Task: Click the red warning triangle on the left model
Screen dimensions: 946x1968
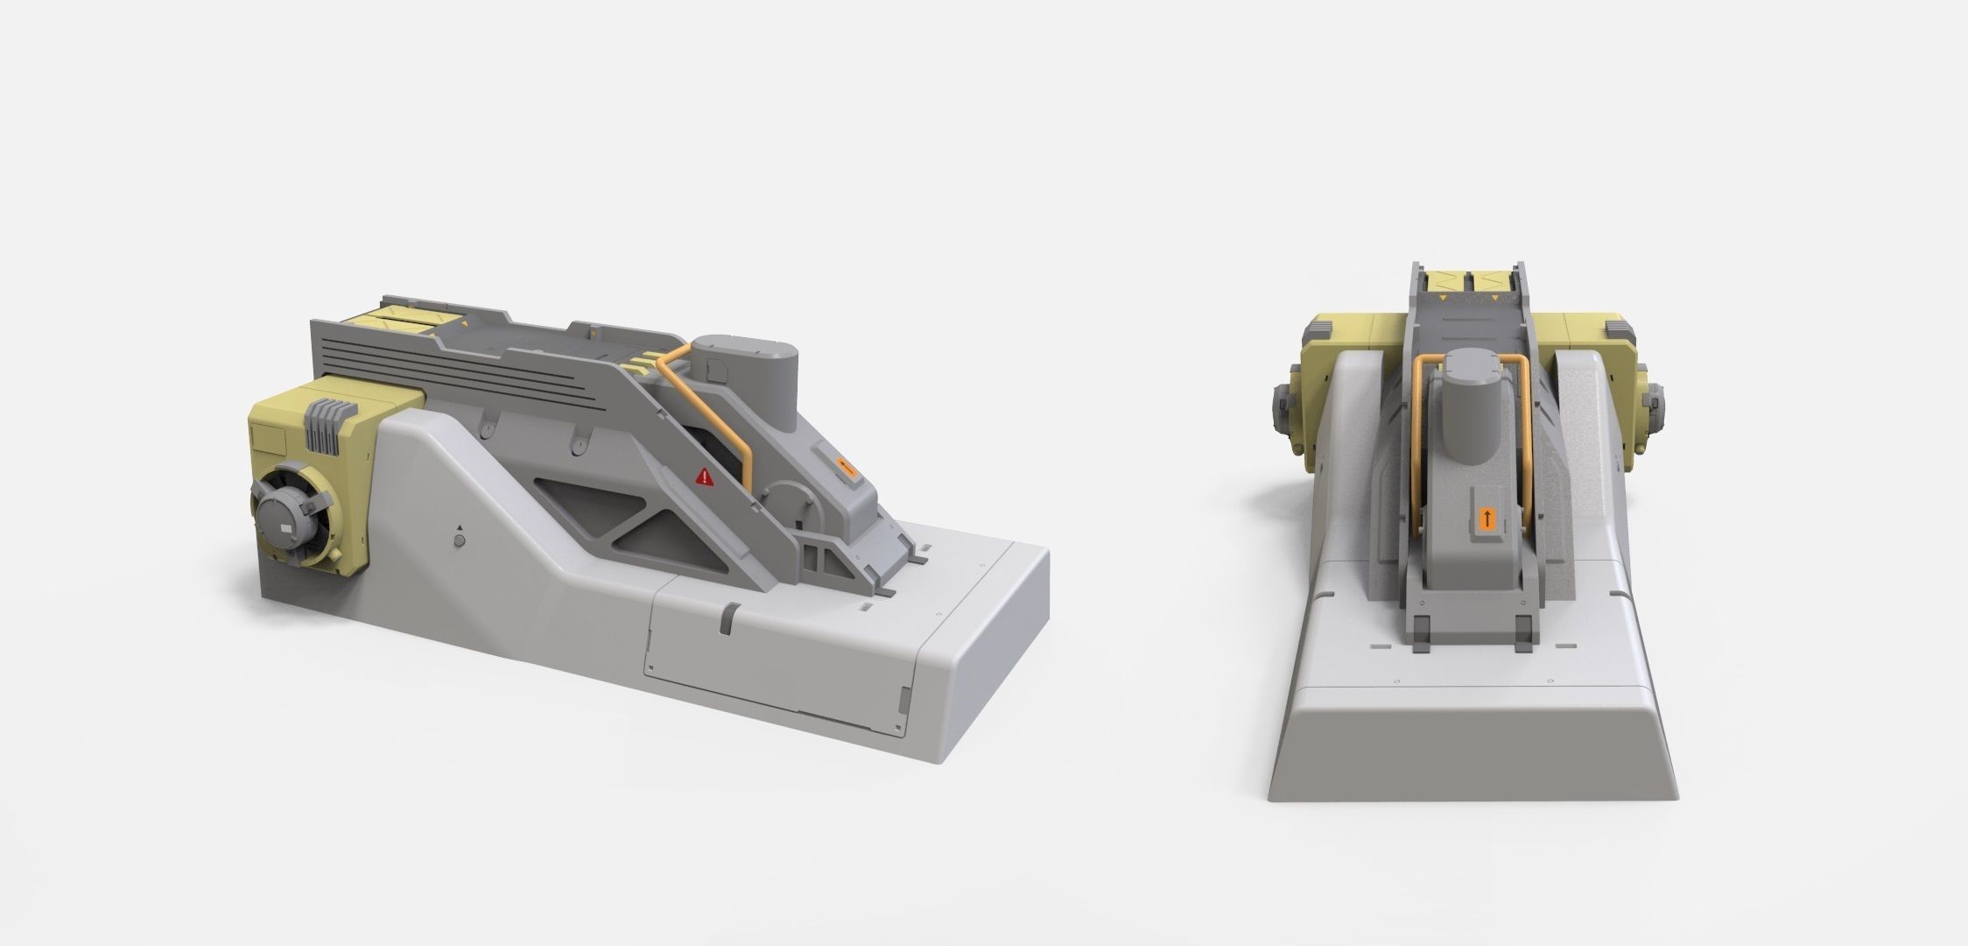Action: coord(703,477)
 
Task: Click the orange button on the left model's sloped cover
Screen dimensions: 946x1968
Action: coord(844,467)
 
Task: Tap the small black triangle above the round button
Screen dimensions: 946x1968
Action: coord(459,528)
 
